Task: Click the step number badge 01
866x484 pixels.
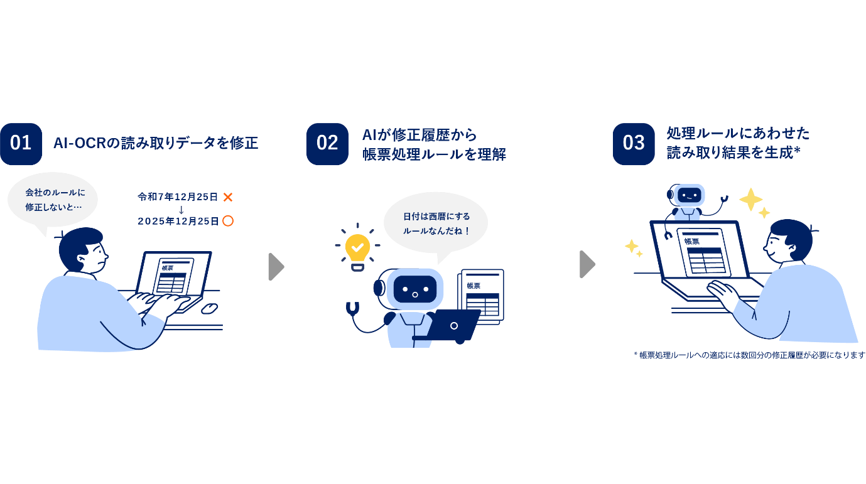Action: click(x=21, y=144)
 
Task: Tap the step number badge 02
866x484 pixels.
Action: click(x=327, y=144)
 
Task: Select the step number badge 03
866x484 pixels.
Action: click(x=634, y=144)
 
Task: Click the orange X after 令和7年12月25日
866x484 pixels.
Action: click(x=228, y=197)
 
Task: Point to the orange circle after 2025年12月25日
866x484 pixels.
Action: click(x=228, y=221)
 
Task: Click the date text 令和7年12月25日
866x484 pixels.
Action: click(x=178, y=197)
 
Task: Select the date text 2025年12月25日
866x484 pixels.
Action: click(x=178, y=221)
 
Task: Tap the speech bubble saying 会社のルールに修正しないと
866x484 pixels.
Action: click(x=53, y=200)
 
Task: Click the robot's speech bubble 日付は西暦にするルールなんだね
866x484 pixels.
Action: click(x=436, y=223)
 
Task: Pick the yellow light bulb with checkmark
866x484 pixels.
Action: click(x=357, y=249)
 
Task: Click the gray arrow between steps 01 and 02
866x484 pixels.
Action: click(x=276, y=266)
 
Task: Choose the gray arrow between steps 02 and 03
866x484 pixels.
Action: click(x=587, y=264)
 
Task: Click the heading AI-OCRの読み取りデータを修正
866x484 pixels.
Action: click(x=156, y=143)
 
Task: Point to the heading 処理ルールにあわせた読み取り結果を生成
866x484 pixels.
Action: click(x=738, y=143)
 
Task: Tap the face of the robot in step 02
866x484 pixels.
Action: click(x=415, y=289)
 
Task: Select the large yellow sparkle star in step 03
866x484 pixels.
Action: click(x=750, y=199)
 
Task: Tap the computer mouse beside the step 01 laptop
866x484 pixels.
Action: click(x=209, y=308)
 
